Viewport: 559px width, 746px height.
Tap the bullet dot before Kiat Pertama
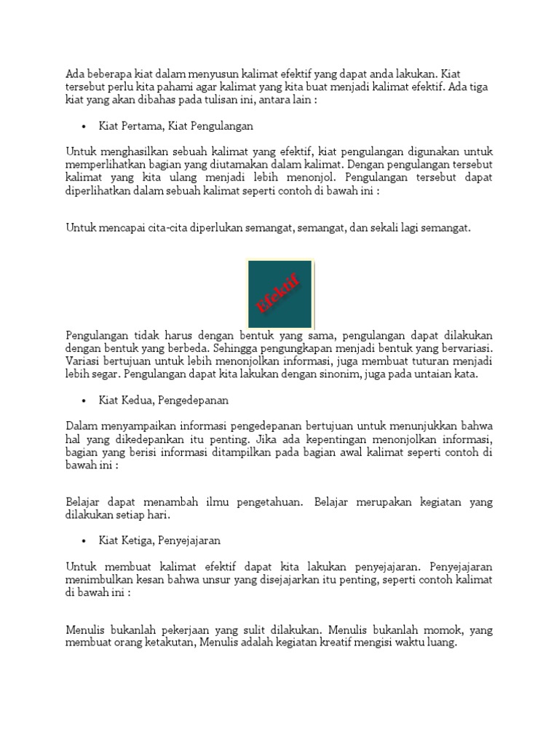[84, 126]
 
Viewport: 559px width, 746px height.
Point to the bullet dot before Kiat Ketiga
[84, 541]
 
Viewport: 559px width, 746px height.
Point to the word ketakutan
[170, 643]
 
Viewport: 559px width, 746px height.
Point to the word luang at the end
[442, 643]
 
